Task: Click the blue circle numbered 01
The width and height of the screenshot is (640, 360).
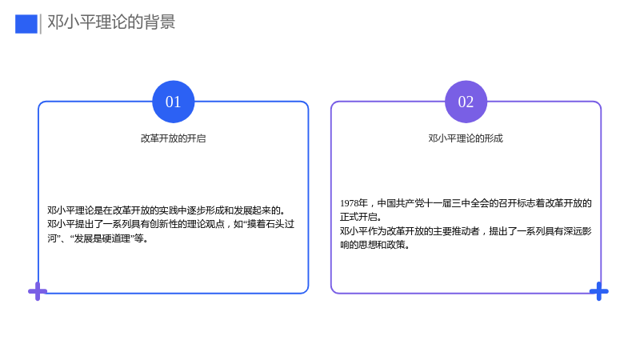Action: click(x=173, y=102)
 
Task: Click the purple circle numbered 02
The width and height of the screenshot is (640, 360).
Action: click(x=466, y=102)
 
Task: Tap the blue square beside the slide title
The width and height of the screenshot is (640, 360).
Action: click(x=26, y=24)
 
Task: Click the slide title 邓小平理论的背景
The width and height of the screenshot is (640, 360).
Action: click(x=111, y=22)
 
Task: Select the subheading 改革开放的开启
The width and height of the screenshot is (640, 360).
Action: click(x=173, y=138)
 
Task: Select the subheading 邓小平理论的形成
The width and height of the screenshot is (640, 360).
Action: click(x=466, y=138)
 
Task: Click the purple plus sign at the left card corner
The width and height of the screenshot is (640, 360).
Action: click(x=38, y=291)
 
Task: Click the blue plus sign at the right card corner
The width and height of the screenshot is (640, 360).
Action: click(x=598, y=291)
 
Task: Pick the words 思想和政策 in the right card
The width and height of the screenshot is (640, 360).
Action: click(x=382, y=245)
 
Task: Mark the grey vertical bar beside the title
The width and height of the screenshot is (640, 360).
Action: click(x=41, y=24)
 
